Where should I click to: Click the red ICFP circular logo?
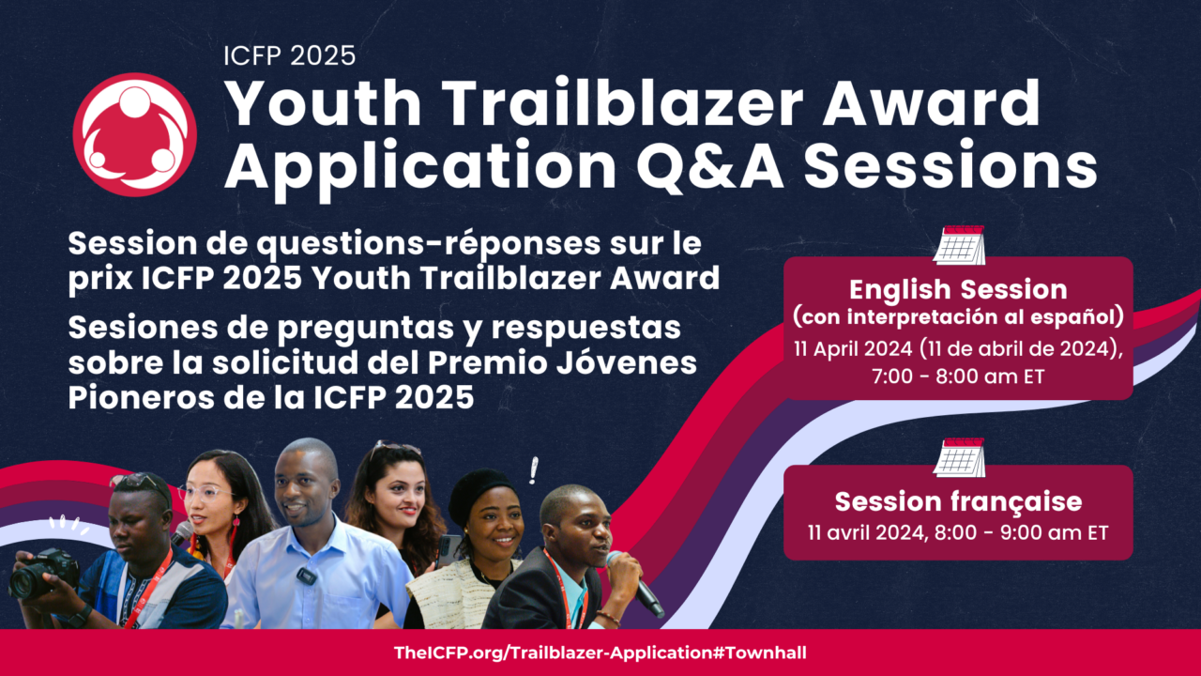(134, 134)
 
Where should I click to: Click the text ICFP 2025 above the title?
(289, 55)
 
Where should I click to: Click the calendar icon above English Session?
(958, 245)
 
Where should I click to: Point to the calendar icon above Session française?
(958, 457)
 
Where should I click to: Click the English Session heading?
(958, 288)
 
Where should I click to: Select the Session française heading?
(958, 500)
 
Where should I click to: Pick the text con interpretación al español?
(958, 313)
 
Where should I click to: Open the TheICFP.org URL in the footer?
(600, 653)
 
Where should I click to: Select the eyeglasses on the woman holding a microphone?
(204, 491)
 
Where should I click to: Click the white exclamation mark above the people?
(534, 469)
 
